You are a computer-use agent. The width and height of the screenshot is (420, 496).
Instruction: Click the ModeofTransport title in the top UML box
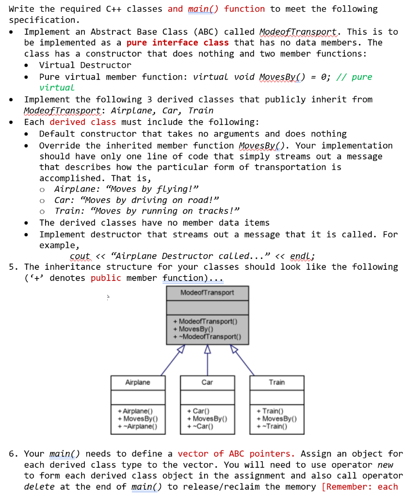207,293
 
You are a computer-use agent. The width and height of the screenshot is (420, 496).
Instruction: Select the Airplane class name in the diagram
138,382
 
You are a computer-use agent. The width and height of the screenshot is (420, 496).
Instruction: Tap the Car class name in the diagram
207,382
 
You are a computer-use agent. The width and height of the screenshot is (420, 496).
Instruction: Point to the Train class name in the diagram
277,382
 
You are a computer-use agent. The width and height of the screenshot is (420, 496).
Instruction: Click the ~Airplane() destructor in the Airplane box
139,426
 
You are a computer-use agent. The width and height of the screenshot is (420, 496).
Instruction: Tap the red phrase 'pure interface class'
178,43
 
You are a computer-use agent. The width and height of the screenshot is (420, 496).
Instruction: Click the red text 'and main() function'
216,9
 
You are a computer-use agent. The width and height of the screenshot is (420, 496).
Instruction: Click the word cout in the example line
80,256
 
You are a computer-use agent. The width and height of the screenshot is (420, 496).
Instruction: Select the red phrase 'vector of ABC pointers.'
236,454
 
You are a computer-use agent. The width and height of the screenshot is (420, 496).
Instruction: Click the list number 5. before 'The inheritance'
14,267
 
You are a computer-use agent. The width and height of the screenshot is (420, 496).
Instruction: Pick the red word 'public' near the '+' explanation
105,278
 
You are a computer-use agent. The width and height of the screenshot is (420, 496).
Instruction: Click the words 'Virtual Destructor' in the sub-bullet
85,65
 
